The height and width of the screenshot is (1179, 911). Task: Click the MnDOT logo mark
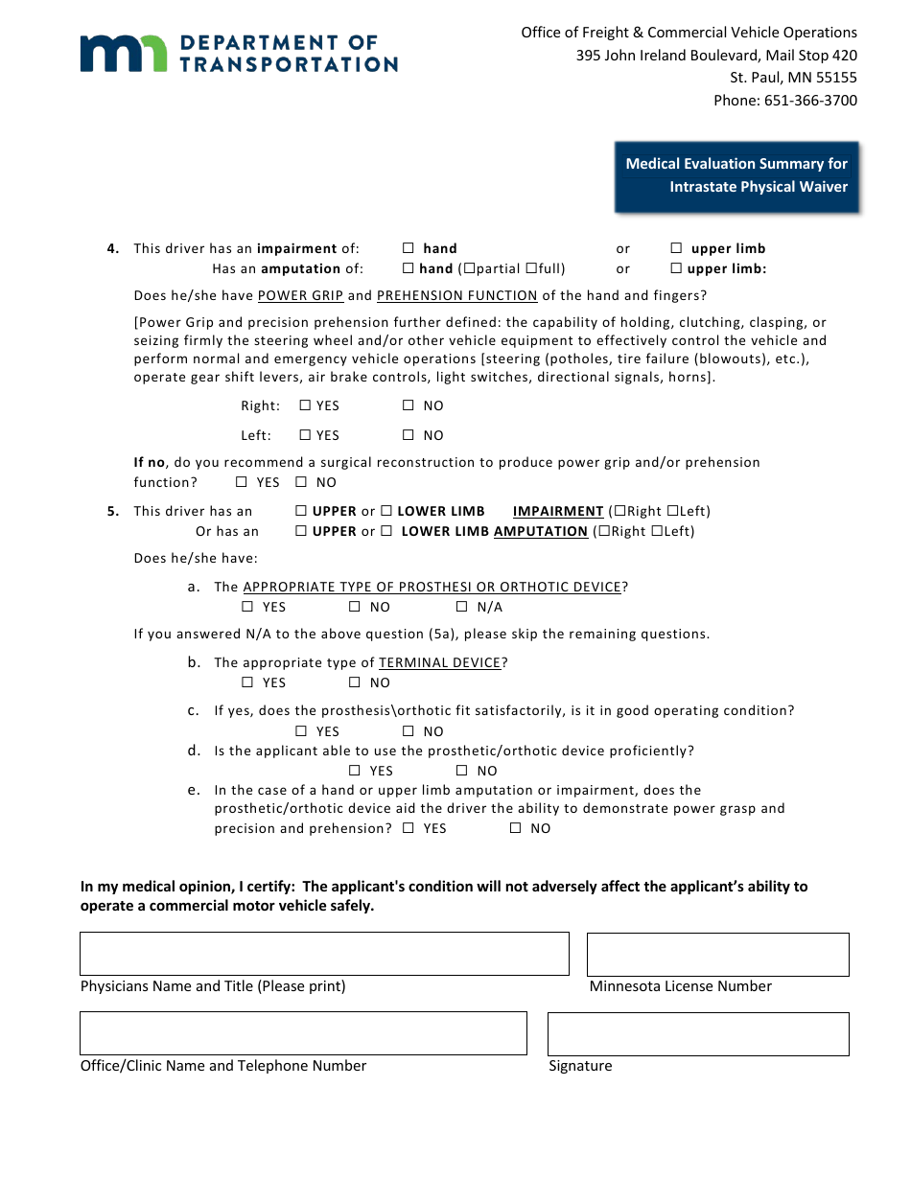tap(122, 54)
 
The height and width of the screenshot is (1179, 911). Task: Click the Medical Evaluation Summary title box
tap(736, 176)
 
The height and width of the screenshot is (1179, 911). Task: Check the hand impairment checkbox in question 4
tap(409, 248)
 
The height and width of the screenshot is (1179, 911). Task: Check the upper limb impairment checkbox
tap(676, 248)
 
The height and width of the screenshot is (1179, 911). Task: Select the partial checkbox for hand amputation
tap(469, 269)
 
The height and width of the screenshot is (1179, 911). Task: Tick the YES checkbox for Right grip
tap(305, 405)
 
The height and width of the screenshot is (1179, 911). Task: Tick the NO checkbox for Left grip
tap(409, 435)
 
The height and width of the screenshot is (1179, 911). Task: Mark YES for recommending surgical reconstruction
tap(242, 482)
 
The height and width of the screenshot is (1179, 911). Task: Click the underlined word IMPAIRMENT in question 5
tap(558, 511)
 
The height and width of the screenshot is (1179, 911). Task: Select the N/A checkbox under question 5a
tap(461, 607)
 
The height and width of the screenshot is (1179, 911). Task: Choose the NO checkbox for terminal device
tap(355, 682)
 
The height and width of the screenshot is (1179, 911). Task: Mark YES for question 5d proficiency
tap(355, 771)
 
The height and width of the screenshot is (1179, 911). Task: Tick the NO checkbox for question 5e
tap(515, 828)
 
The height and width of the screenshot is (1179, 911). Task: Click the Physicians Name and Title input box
tap(324, 954)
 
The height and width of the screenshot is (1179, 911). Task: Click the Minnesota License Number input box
tap(717, 955)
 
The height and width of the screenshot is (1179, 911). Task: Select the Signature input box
tap(697, 1034)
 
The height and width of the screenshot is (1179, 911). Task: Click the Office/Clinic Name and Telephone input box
tap(303, 1033)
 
